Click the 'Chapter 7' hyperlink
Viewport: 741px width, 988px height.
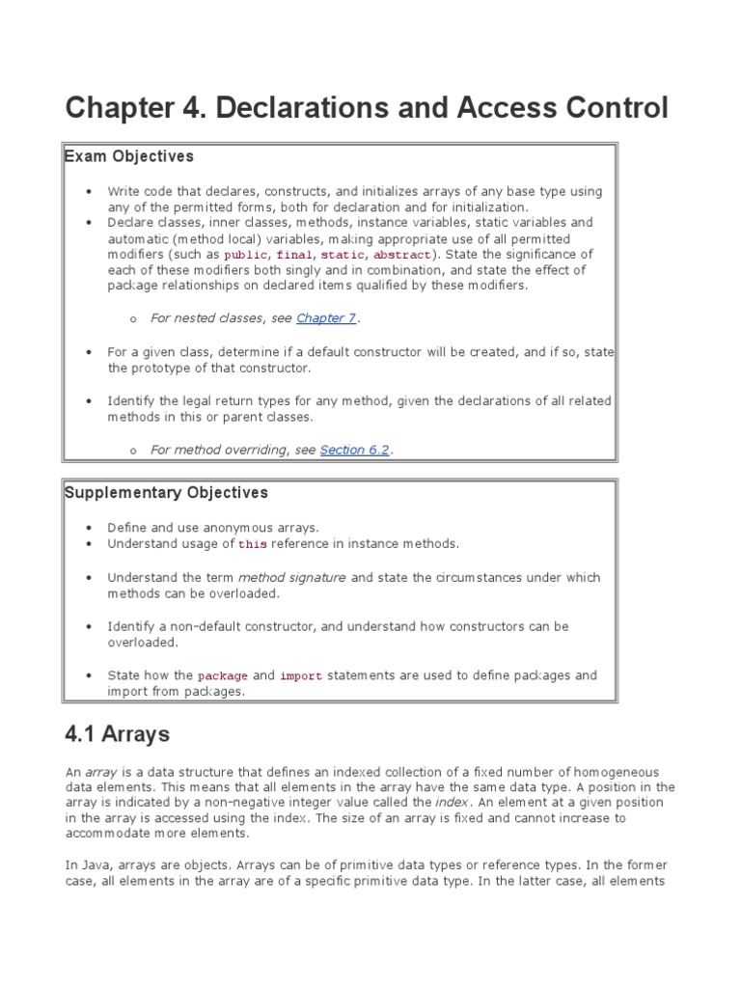click(x=326, y=317)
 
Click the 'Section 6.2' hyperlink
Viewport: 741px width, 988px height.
click(x=354, y=450)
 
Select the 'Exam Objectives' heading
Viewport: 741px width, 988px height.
click(x=129, y=156)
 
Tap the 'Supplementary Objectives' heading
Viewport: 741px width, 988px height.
click(x=166, y=493)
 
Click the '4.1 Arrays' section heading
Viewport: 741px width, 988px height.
click(x=117, y=734)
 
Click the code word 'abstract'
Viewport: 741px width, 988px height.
click(x=402, y=256)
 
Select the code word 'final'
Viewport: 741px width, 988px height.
click(x=295, y=256)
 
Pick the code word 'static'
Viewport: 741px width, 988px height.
click(x=342, y=256)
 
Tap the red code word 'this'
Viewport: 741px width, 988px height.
click(x=253, y=545)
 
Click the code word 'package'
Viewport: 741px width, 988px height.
click(x=223, y=676)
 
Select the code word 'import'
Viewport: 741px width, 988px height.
click(x=301, y=676)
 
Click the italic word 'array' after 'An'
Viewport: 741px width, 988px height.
click(x=101, y=772)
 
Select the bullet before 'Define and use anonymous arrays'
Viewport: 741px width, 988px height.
click(x=88, y=529)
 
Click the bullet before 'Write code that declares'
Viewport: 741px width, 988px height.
click(x=88, y=192)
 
